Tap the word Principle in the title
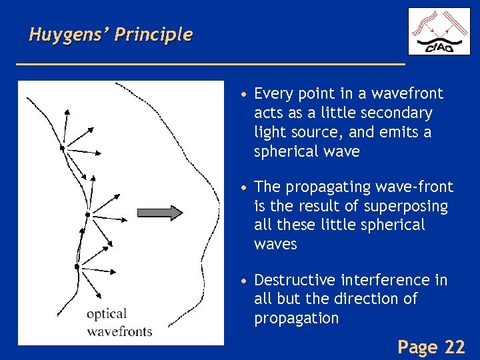click(153, 35)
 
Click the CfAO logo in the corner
click(439, 31)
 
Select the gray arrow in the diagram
click(159, 213)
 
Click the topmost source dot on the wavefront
click(62, 148)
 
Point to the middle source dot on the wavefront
click(87, 214)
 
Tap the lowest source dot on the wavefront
click(77, 267)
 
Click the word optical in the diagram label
click(106, 314)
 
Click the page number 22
click(455, 347)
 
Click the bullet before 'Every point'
click(246, 94)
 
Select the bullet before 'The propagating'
click(246, 187)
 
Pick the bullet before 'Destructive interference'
click(246, 281)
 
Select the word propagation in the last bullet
click(297, 318)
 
